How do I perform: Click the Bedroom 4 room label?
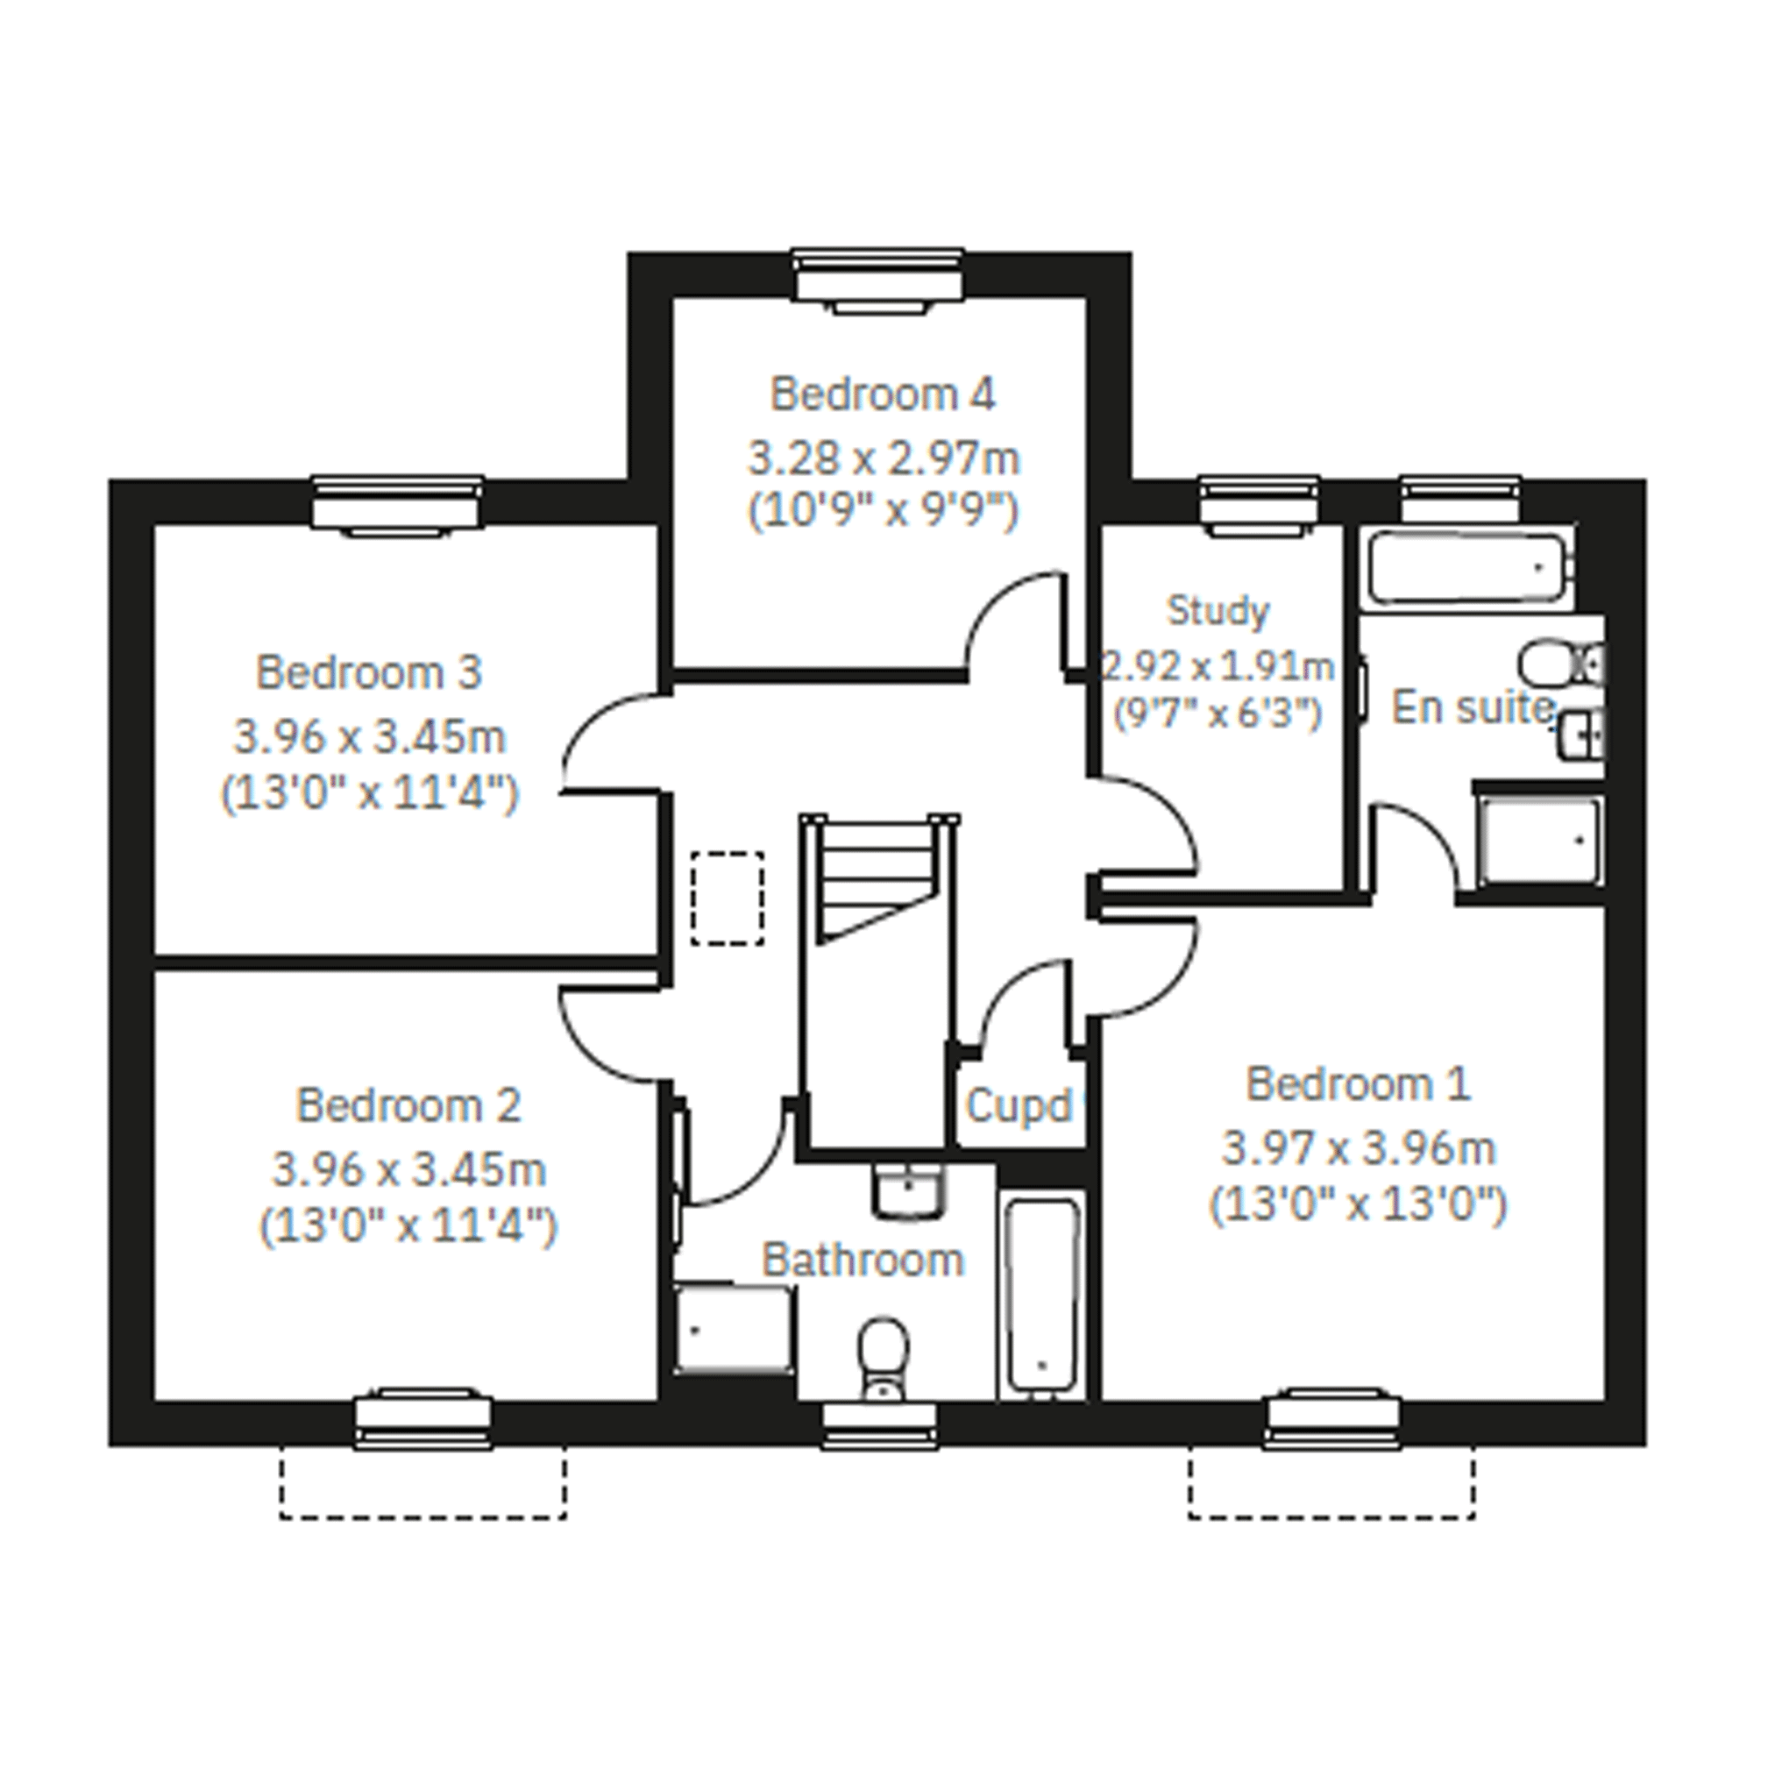pos(882,394)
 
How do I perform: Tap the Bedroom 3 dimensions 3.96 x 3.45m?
pos(369,737)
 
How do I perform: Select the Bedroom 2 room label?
pos(408,1105)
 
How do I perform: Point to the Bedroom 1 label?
pos(1359,1084)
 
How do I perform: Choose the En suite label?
pos(1473,707)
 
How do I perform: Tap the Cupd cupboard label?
pos(1019,1106)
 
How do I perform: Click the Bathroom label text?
pos(863,1260)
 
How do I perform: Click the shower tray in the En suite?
pos(1539,841)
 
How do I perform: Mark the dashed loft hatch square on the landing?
pos(728,898)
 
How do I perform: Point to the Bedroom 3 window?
pos(397,503)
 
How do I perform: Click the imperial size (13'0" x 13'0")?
pos(1358,1205)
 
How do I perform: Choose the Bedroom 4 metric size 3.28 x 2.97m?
pos(884,458)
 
